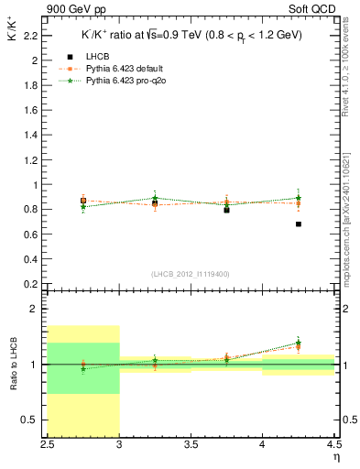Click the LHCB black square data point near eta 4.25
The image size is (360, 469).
pos(299,224)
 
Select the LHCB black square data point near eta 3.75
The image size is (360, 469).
pos(226,210)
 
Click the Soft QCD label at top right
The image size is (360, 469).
pos(315,8)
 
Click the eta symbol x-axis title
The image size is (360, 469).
pos(336,457)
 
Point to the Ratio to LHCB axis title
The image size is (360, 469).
pos(14,364)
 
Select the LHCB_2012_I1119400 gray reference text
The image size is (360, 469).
pos(191,274)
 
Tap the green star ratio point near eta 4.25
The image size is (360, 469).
pos(299,344)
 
